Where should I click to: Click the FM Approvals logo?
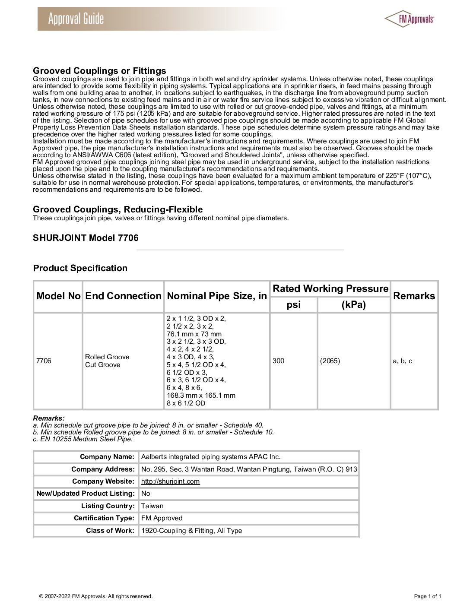(409, 19)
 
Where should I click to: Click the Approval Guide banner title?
(76, 19)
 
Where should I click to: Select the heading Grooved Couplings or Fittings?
(99, 71)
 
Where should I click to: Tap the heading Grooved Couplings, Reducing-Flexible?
(118, 210)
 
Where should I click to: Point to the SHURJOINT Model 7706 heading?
(86, 238)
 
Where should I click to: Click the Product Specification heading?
(80, 268)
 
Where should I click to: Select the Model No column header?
(58, 296)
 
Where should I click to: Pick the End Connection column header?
(123, 296)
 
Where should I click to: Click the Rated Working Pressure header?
(330, 289)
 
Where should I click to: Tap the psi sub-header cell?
(294, 305)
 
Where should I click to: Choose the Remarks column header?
(414, 296)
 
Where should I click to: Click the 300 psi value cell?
(279, 361)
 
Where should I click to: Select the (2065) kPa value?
(330, 361)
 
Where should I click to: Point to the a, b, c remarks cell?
(402, 361)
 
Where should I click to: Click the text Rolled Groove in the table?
(107, 357)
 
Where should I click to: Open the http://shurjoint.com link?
(171, 481)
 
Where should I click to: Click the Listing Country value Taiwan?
(152, 506)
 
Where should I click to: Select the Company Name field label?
(107, 457)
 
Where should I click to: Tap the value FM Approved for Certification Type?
(162, 518)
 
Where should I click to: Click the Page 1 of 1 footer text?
(427, 596)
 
